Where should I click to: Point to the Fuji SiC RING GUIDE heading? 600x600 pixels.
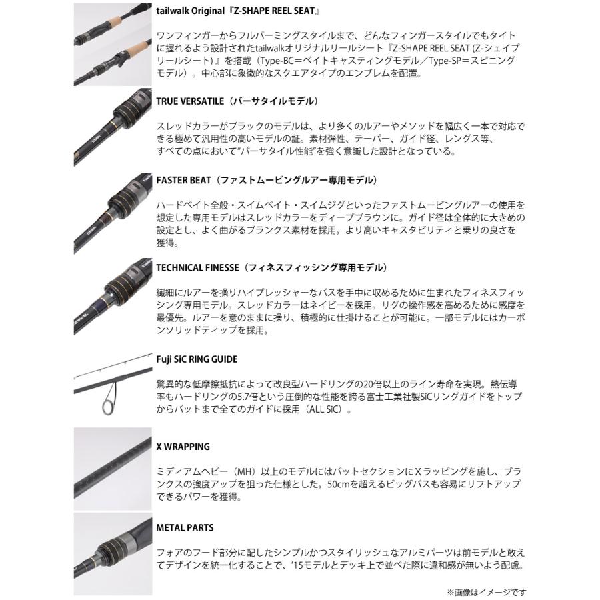(x=197, y=359)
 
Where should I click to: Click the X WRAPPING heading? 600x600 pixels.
(x=183, y=447)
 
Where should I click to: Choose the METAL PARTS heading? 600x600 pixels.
(x=185, y=527)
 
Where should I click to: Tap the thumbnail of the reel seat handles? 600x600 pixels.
(x=113, y=43)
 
